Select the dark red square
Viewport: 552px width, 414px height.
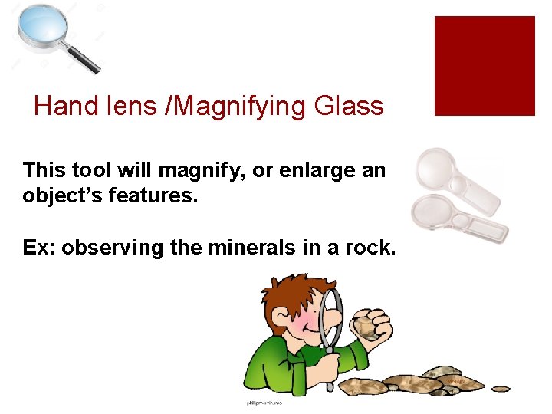coord(484,66)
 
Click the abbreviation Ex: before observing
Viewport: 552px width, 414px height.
coord(38,248)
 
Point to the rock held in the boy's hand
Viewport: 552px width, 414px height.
coord(366,327)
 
